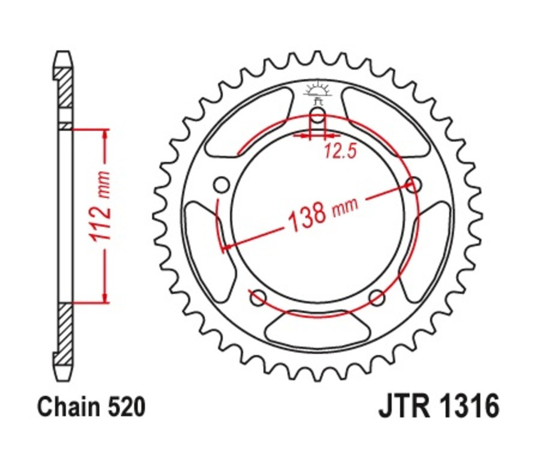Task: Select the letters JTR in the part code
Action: pos(401,407)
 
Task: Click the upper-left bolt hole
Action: pos(222,184)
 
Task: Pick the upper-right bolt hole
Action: pos(413,184)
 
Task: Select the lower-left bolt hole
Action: pos(259,296)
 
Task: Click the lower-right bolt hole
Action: pos(376,297)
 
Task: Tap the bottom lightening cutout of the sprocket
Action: pos(317,329)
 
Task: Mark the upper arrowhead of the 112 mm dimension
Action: pos(106,133)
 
